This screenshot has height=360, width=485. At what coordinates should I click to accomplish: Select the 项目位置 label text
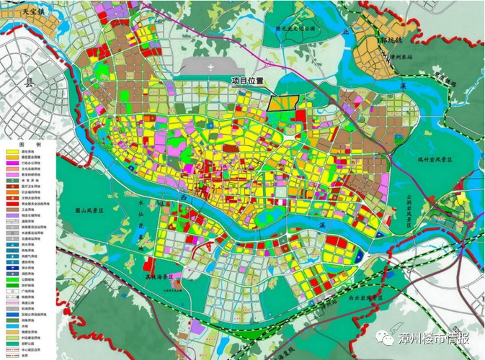pyautogui.click(x=248, y=81)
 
